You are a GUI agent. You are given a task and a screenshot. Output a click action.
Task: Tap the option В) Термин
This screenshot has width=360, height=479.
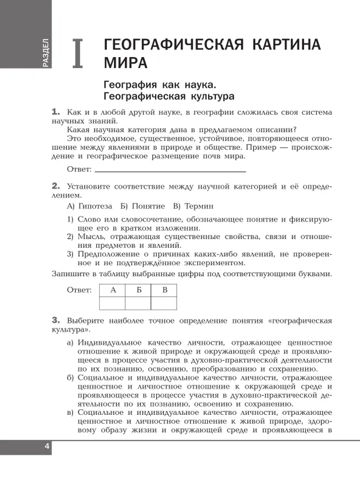(193, 206)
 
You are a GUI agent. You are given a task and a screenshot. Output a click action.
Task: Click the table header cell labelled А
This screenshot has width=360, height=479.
(112, 290)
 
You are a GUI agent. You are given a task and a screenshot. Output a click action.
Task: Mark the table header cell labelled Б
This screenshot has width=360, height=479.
(138, 290)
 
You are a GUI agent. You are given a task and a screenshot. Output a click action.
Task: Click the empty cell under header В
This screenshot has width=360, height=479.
(164, 303)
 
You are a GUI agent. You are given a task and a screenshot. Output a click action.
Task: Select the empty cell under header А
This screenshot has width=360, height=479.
(112, 303)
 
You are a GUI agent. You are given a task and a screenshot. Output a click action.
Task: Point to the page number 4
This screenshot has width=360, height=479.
(47, 447)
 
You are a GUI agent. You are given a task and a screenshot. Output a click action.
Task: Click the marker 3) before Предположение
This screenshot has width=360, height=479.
(70, 254)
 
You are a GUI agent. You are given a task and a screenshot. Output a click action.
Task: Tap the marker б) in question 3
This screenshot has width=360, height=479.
(70, 378)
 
